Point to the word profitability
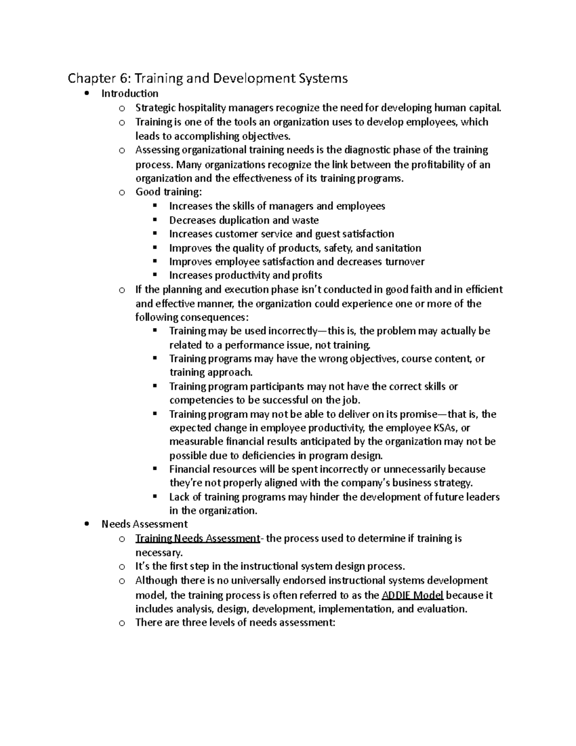click(x=433, y=165)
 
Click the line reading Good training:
click(x=169, y=192)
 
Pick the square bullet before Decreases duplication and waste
click(x=155, y=220)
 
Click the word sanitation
click(x=398, y=248)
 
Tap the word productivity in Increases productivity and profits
click(x=242, y=276)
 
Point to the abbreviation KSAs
click(x=444, y=428)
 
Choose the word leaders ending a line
click(x=483, y=497)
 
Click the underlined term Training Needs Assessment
click(x=197, y=538)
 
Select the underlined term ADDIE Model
click(x=412, y=595)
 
